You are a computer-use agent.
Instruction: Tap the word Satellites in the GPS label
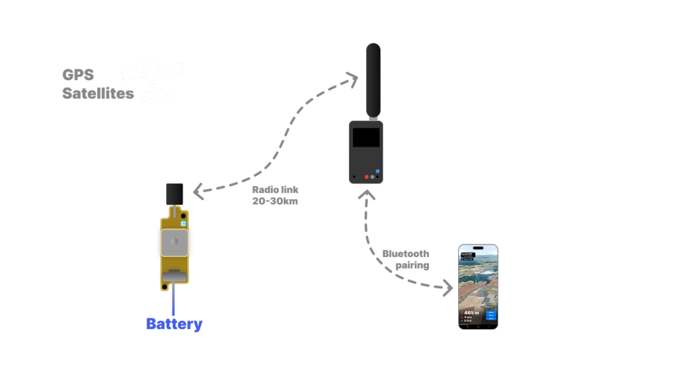point(98,94)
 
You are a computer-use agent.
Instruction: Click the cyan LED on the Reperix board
point(183,214)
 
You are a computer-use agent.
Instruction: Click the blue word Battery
point(174,324)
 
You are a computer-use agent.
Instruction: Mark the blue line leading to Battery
point(174,301)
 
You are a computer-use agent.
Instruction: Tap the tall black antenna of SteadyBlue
point(374,79)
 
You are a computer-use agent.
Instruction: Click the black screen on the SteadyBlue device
point(366,138)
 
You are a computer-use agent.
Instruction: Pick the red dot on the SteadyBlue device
point(367,176)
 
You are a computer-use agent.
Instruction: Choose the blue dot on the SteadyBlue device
point(378,172)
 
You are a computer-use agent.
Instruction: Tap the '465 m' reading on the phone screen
point(471,311)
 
